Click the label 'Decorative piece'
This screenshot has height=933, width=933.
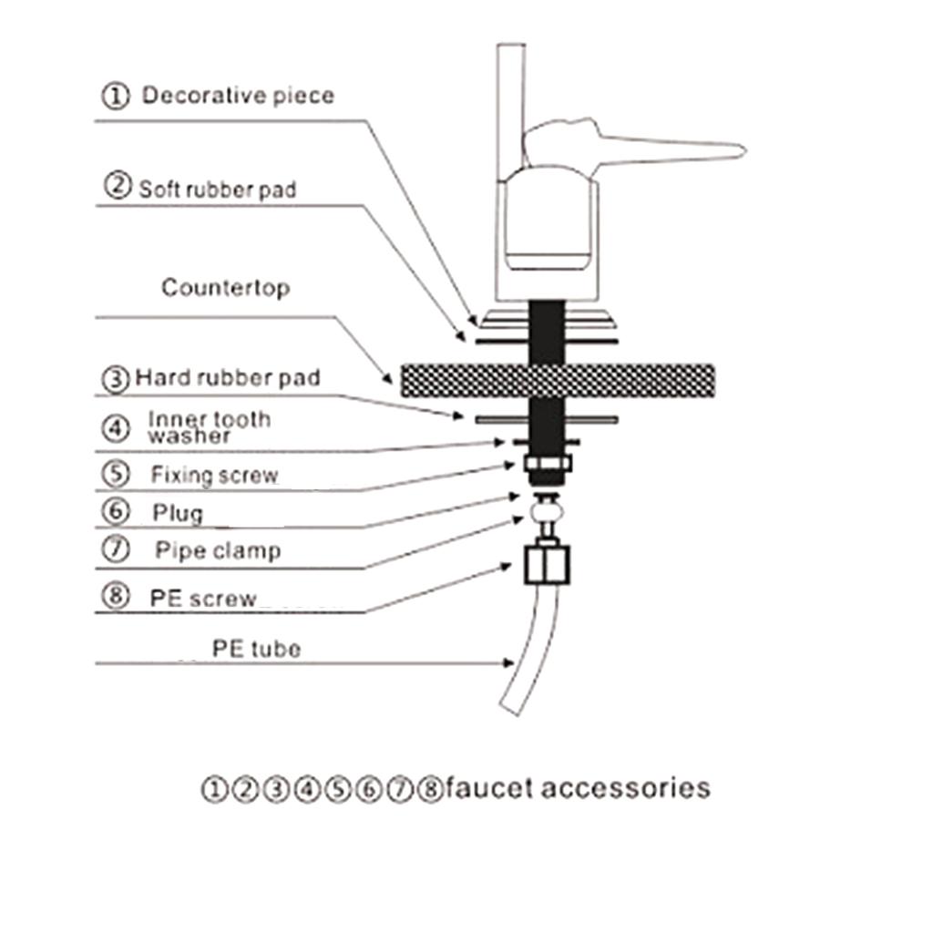pos(238,96)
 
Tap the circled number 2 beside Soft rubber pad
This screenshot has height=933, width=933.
pos(118,185)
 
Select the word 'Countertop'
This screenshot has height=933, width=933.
pos(226,288)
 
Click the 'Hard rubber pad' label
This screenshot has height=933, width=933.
pos(228,378)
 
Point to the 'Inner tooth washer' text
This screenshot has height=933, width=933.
pos(210,427)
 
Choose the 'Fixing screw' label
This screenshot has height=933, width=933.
pos(214,475)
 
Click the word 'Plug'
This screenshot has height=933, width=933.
pos(178,513)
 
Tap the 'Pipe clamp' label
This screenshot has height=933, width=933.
pos(218,551)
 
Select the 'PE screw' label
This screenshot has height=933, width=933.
pos(203,598)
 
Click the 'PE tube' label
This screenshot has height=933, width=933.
pos(256,649)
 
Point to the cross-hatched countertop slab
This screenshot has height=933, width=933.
pos(558,380)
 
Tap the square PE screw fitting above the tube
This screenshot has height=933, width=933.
pos(547,564)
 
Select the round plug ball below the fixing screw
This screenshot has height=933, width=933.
pos(548,512)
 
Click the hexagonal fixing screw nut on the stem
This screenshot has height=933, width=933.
pos(548,463)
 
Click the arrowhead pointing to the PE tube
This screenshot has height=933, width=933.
pos(508,663)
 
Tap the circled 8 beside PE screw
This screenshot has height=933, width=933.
pos(116,596)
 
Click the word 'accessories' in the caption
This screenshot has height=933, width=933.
pos(625,788)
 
